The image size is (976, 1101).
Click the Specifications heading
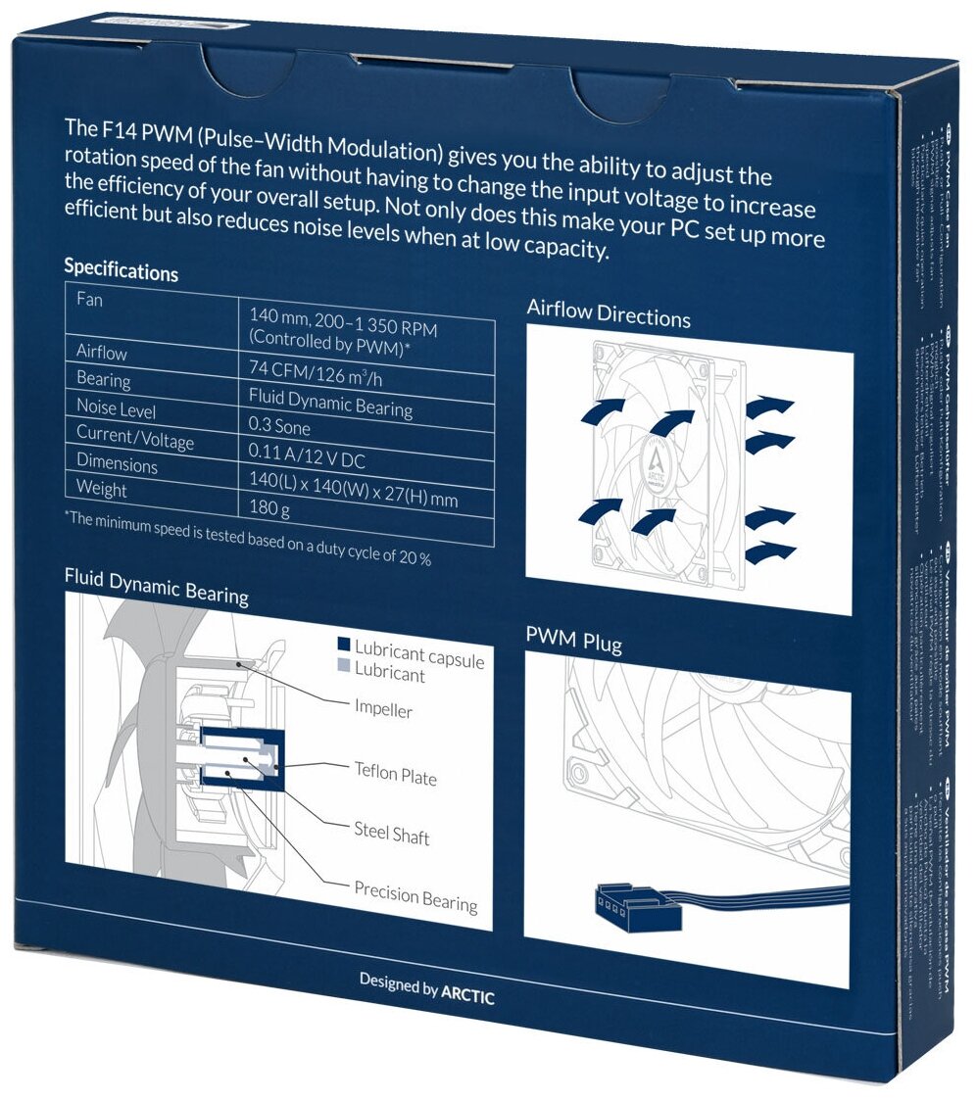coord(121,268)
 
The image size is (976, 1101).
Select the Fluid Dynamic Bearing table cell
coord(330,401)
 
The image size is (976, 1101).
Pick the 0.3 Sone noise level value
coord(278,427)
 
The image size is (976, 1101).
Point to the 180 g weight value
coord(269,507)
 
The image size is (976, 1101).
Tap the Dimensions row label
coord(117,463)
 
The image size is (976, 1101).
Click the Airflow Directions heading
coord(609,315)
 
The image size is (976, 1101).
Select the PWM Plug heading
coord(573,641)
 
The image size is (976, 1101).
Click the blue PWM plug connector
coord(635,909)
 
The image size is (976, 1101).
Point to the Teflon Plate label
coord(395,774)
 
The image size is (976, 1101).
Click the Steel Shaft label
coord(391,834)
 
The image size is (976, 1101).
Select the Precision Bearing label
coord(415,896)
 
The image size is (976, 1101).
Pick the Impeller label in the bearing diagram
coord(383,708)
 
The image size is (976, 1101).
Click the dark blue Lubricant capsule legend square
coord(343,646)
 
